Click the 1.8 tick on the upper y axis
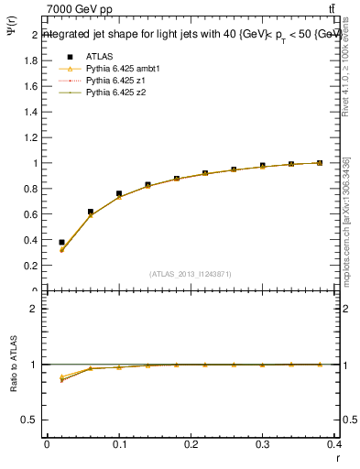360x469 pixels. (31, 60)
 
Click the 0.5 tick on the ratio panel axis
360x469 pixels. (31, 420)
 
